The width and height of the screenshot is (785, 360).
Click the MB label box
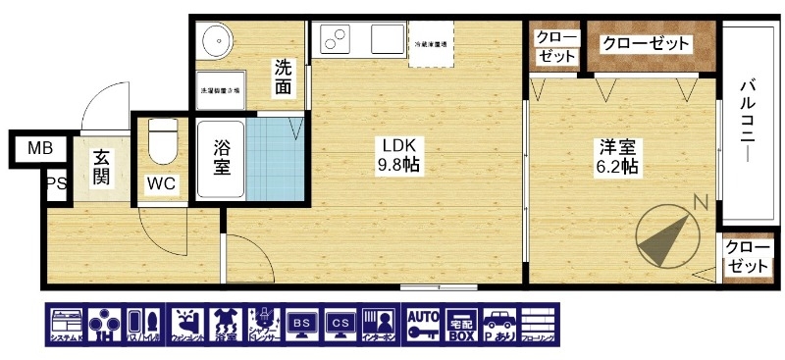point(39,149)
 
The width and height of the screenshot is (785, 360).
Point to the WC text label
point(161,183)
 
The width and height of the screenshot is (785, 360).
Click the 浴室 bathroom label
point(222,158)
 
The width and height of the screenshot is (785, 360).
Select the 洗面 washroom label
point(283,77)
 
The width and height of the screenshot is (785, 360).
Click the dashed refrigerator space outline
point(430,43)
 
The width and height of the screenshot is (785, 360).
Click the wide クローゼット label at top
point(647,44)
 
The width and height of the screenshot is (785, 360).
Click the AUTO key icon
point(422,324)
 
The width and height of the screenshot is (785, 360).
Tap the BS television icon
point(303,324)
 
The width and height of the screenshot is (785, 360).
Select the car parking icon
point(499,324)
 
